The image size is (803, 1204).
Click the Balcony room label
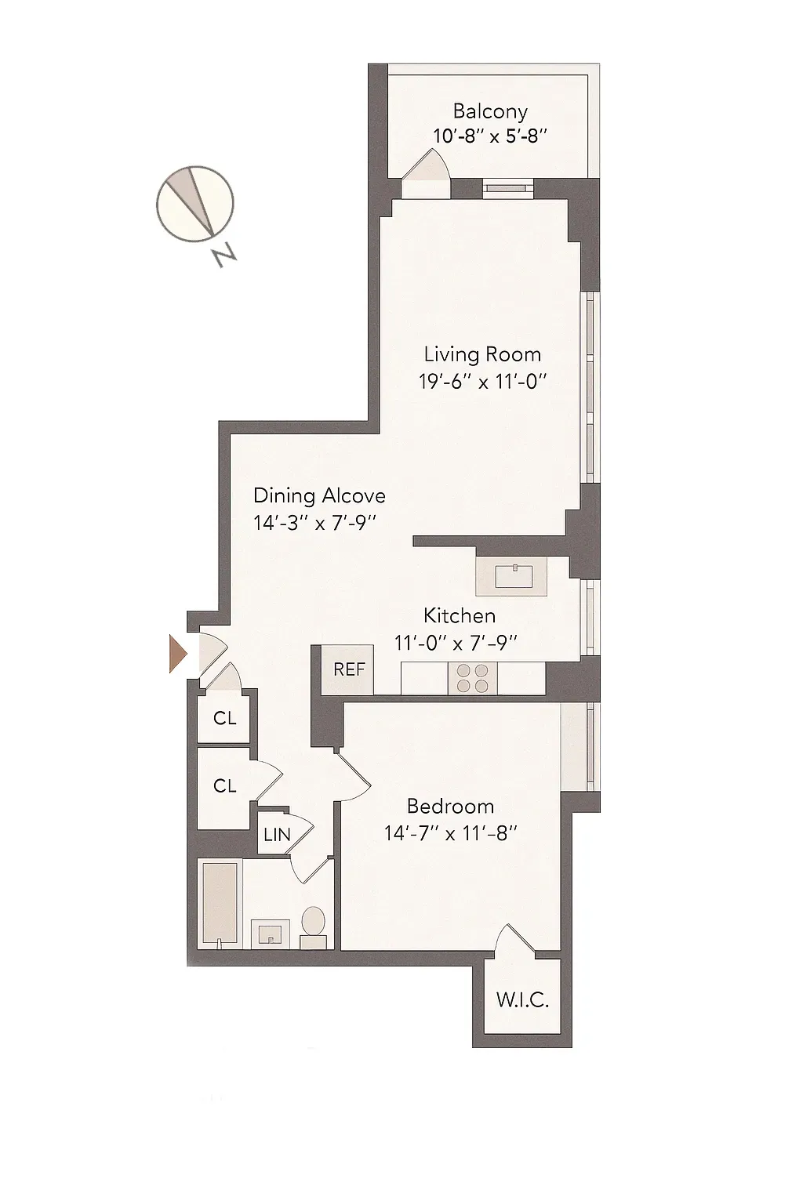[x=490, y=111]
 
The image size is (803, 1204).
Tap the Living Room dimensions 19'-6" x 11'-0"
[x=481, y=382]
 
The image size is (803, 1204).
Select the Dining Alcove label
[x=319, y=495]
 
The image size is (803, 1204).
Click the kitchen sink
[x=515, y=578]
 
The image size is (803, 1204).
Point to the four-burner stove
[x=472, y=678]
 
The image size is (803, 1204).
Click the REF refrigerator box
[x=348, y=669]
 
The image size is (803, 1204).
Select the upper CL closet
[x=224, y=718]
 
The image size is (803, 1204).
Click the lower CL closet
[x=224, y=785]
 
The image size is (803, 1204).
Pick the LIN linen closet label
[x=276, y=836]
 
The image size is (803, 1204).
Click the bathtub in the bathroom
[x=219, y=903]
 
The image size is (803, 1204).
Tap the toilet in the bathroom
[x=314, y=923]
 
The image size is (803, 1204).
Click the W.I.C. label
[x=522, y=1000]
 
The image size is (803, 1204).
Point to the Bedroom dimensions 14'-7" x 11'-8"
[x=450, y=833]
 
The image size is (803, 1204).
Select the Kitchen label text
[x=459, y=615]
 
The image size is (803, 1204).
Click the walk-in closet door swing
[x=514, y=941]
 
